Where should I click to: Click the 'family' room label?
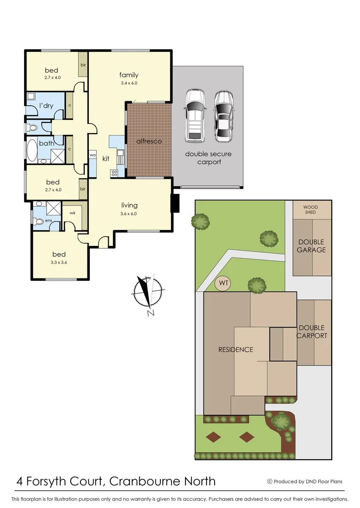click(128, 75)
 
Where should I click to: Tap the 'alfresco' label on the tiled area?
click(149, 141)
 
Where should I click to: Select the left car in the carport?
click(194, 116)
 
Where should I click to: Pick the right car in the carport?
click(224, 116)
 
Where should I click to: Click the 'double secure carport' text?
click(208, 158)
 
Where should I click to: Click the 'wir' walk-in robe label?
click(72, 213)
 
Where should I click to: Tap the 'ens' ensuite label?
click(48, 220)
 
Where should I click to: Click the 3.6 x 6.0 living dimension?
click(129, 214)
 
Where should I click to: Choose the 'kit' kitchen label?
click(106, 159)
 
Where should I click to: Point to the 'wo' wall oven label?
click(93, 155)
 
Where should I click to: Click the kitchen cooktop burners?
click(114, 173)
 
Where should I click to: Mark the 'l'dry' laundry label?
click(46, 105)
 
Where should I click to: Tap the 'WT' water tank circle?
click(224, 284)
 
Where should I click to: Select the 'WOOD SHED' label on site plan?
click(310, 210)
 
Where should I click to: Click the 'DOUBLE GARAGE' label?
click(311, 246)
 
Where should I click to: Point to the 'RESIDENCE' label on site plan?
click(235, 349)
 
